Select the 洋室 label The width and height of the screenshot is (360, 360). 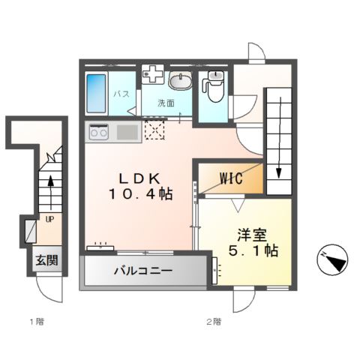coord(250,234)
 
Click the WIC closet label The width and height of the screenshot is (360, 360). coord(230,178)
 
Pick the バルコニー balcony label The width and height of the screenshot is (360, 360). coord(143,270)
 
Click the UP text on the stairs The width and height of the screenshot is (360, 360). coord(49,220)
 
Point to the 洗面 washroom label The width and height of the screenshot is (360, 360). coord(166,103)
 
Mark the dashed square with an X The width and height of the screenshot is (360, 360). coord(154,131)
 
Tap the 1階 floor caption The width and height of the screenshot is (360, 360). coord(36,322)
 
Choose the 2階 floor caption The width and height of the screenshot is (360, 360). coord(214,322)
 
